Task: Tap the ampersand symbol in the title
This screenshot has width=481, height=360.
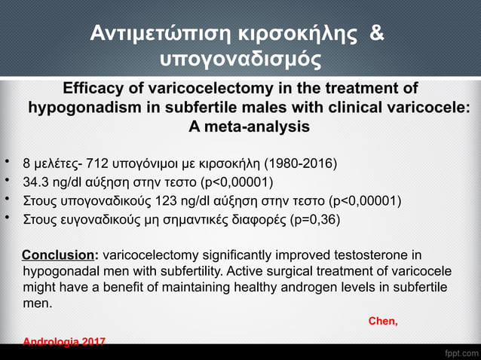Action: coord(377,34)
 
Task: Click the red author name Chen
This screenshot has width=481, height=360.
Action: coord(382,322)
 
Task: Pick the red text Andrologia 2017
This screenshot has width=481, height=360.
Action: coord(65,343)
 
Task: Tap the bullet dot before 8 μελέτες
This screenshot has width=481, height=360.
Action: coord(7,162)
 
